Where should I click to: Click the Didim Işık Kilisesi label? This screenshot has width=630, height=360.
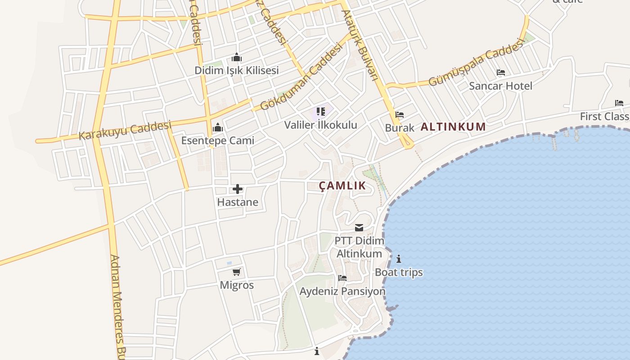tap(236, 71)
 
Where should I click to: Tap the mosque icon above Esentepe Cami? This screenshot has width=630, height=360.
tap(218, 127)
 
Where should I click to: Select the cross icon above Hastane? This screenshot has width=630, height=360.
tap(237, 189)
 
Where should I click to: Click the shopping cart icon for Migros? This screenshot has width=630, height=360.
tap(237, 272)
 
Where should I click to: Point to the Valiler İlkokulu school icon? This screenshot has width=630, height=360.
tap(320, 111)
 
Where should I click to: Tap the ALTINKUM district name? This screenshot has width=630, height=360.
tap(453, 127)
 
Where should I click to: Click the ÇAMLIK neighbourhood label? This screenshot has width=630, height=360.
tap(342, 186)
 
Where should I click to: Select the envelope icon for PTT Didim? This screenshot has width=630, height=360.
tap(359, 228)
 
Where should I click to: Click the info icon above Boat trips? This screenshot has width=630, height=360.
tap(399, 259)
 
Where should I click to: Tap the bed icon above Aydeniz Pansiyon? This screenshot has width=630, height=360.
tap(342, 278)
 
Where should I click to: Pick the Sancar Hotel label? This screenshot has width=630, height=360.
tap(500, 86)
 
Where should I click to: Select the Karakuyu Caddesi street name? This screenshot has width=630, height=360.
tap(126, 130)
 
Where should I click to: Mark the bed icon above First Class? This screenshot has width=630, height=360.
tap(619, 103)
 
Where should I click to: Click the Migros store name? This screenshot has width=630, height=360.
tap(237, 285)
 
